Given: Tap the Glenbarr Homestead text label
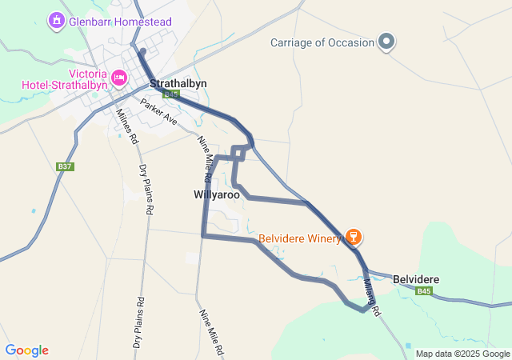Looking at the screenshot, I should click(x=120, y=21).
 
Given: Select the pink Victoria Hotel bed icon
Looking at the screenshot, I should click(x=119, y=77).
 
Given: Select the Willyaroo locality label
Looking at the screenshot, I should click(x=216, y=194).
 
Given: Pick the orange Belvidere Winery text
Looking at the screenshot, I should click(x=299, y=238).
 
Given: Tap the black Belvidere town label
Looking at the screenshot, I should click(x=415, y=278).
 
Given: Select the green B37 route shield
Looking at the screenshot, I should click(x=66, y=166).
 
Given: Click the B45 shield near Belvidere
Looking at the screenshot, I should click(x=424, y=291).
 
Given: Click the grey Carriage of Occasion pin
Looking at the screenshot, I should click(x=386, y=42).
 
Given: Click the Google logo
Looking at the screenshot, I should click(x=26, y=350).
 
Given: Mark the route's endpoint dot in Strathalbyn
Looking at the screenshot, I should click(x=142, y=52).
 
